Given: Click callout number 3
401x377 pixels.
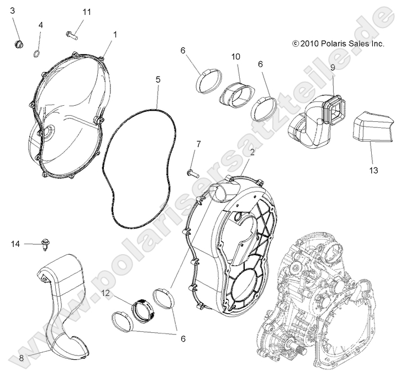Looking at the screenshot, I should [x=13, y=11].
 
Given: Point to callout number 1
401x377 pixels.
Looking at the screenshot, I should [x=115, y=34].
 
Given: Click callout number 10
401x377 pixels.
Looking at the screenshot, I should [x=235, y=57].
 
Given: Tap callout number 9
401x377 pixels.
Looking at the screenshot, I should [x=333, y=67].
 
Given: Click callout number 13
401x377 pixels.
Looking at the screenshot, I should [x=374, y=170].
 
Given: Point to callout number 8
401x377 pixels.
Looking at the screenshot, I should [x=21, y=358].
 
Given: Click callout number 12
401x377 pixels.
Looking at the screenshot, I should [x=105, y=293].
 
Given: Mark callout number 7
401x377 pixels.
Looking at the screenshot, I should [x=198, y=144].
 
